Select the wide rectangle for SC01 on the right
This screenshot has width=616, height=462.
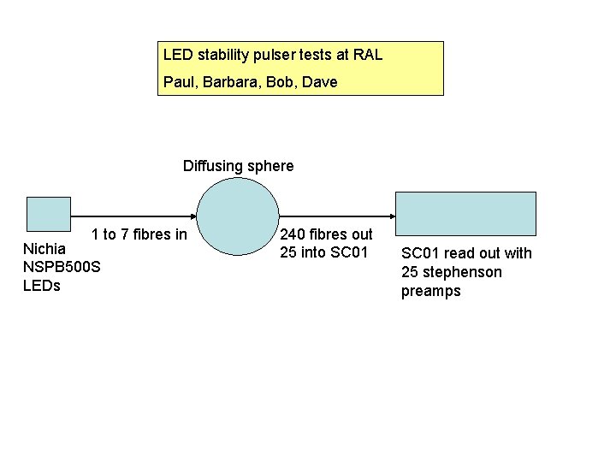(x=465, y=214)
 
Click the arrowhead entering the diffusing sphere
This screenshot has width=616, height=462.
(x=192, y=216)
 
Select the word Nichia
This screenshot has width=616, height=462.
(x=44, y=248)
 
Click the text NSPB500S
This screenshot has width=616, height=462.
(x=62, y=267)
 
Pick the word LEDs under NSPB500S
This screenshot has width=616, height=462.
(x=42, y=286)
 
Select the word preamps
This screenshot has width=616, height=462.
(x=431, y=291)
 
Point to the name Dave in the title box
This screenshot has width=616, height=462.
(x=320, y=82)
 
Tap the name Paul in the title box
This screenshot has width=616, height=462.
(x=178, y=82)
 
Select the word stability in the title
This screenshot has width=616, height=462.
(x=224, y=56)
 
